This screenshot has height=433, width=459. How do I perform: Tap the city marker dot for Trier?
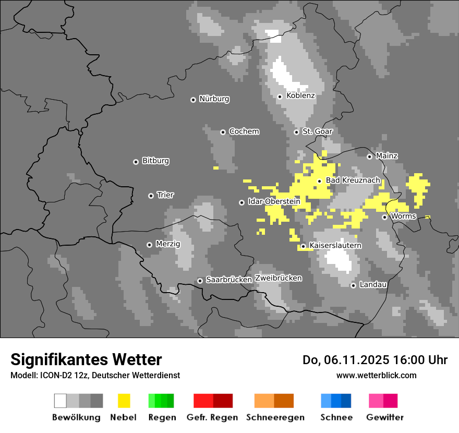[151, 196]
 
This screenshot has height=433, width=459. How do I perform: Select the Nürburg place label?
[214, 99]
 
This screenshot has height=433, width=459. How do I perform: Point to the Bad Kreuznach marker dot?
[319, 181]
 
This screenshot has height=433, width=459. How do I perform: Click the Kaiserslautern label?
[335, 245]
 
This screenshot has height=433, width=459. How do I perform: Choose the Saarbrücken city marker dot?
[200, 281]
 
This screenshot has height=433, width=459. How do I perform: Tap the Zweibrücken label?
[278, 278]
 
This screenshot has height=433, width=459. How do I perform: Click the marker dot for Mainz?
[369, 157]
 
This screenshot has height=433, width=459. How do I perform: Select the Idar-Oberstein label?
[274, 201]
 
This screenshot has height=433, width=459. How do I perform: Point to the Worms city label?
[403, 216]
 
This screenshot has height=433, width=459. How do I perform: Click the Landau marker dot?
[353, 285]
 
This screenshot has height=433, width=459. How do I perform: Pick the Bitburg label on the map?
[155, 161]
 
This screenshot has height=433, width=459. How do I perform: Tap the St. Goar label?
[317, 131]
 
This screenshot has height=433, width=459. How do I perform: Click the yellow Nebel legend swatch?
[124, 401]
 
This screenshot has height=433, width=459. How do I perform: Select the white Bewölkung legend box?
[61, 401]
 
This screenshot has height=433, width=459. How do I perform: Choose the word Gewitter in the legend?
[384, 417]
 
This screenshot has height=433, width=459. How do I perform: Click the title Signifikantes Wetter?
[86, 360]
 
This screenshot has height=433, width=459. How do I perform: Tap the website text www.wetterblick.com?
[376, 375]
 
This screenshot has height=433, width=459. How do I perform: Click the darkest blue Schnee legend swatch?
[346, 401]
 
